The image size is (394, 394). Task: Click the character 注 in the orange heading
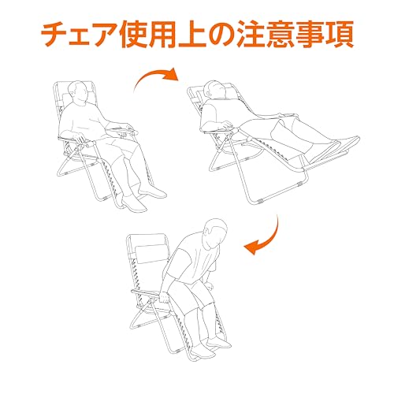(254, 35)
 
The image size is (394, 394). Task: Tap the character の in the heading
(223, 35)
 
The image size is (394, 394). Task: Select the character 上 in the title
(192, 35)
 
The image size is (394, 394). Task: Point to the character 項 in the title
(340, 35)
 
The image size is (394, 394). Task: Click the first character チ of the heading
(55, 35)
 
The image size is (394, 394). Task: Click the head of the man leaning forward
(215, 232)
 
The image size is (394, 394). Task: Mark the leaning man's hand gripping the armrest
(165, 297)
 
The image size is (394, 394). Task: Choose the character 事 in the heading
(310, 35)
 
